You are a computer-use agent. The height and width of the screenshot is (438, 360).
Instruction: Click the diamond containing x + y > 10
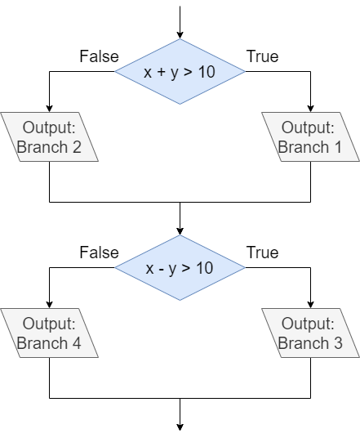click(x=180, y=72)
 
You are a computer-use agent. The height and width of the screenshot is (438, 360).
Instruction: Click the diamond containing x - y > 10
click(x=180, y=268)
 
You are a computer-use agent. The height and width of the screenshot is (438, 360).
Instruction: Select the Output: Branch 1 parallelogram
click(x=310, y=136)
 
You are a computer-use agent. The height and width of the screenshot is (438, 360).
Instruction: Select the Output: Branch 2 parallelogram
click(x=50, y=136)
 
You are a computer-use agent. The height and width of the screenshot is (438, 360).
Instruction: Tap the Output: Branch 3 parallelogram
click(x=310, y=333)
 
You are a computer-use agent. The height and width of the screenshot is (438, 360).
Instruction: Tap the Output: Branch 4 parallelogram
click(x=50, y=333)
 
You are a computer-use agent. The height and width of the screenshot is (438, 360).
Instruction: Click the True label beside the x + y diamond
click(x=262, y=56)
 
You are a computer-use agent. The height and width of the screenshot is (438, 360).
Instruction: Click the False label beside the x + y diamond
click(x=99, y=56)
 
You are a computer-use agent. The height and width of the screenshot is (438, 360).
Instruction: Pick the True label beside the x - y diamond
click(x=262, y=253)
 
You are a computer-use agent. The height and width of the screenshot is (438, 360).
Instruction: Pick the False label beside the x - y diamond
click(x=99, y=253)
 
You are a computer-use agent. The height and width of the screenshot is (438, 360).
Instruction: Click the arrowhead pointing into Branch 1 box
click(x=310, y=107)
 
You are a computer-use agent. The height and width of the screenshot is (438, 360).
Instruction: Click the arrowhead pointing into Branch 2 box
click(x=50, y=107)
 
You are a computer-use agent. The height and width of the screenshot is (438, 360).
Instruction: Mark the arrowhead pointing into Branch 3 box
click(x=310, y=303)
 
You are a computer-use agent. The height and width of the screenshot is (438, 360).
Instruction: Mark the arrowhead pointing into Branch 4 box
click(x=50, y=303)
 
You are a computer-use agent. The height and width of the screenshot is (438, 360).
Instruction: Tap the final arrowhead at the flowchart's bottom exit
click(x=180, y=425)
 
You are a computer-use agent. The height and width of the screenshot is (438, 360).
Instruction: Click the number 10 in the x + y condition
click(x=207, y=72)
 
